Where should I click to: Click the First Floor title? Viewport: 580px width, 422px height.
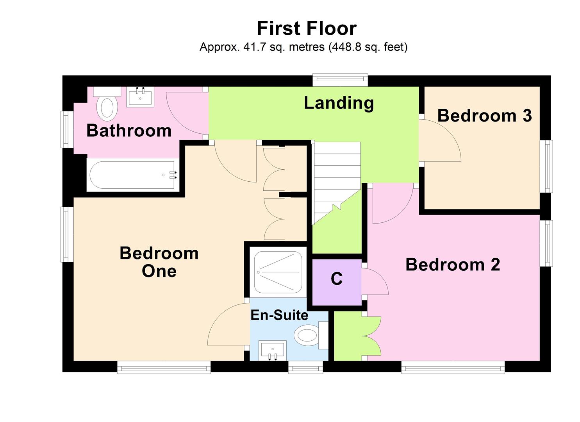(306, 29)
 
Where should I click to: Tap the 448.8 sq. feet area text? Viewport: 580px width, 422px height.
(368, 47)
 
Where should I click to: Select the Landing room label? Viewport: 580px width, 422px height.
(339, 103)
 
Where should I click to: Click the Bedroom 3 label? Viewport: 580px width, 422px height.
(484, 116)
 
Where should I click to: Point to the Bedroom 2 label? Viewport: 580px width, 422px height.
(453, 265)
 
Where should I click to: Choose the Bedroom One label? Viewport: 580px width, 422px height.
(159, 262)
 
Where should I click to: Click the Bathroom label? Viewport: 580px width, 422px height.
(129, 131)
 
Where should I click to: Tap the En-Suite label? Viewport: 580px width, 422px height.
(279, 315)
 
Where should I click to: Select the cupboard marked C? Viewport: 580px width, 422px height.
(336, 279)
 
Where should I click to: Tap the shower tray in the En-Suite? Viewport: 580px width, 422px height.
(278, 272)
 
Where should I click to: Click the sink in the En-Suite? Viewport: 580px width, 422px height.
(273, 349)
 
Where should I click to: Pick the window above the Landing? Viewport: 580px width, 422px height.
(340, 80)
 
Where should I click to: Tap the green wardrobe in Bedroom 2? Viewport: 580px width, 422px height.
(349, 336)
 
